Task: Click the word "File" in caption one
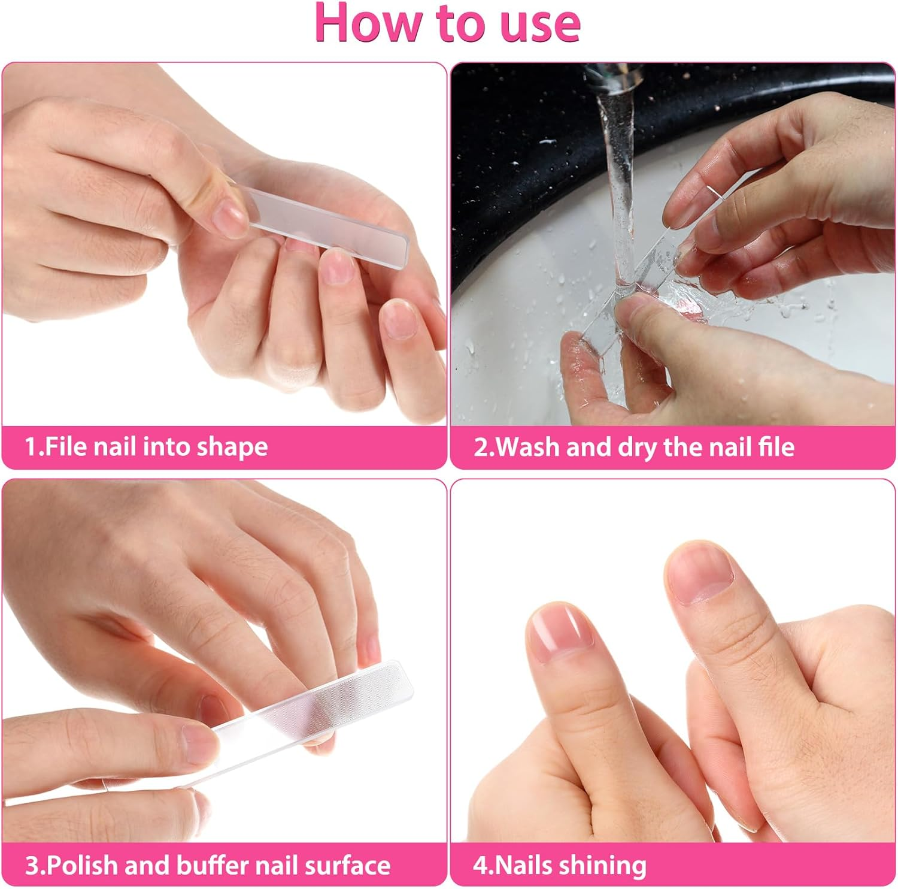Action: point(66,447)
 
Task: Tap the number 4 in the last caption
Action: point(480,866)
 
